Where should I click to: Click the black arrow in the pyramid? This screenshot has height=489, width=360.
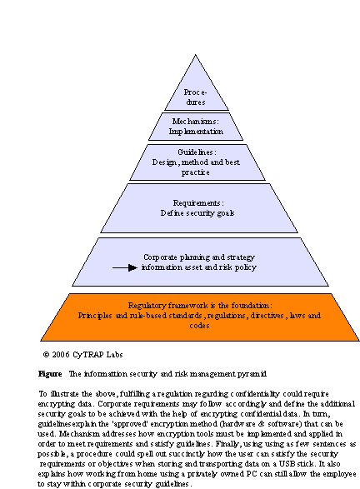coord(125,267)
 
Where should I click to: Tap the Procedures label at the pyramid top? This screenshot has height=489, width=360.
coord(195,97)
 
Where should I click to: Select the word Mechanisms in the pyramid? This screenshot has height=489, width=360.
coord(194,121)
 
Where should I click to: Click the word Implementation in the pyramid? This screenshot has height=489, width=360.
coord(196,132)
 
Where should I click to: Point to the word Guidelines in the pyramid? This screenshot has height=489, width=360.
coord(195,152)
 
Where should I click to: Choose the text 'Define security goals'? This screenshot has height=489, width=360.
coord(197,213)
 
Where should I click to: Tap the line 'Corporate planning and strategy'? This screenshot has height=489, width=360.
coord(199,257)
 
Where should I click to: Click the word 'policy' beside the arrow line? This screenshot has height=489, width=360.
coord(246,267)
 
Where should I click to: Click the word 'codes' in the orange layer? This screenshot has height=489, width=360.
coord(199,325)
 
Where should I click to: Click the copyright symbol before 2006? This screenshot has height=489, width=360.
coord(46,355)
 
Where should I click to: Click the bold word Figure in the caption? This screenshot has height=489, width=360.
coord(50,374)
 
